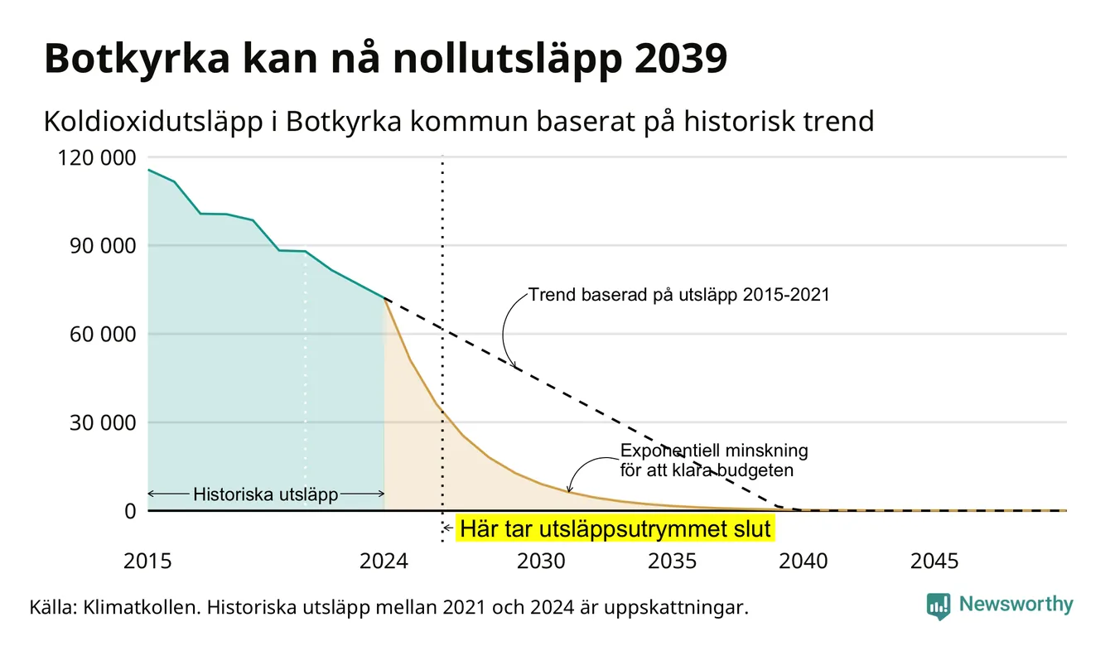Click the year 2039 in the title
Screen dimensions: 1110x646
click(x=680, y=59)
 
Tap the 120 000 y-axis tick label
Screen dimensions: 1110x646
click(x=97, y=158)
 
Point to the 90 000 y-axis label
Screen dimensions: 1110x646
click(x=103, y=246)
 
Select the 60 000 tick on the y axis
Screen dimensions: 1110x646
click(x=103, y=335)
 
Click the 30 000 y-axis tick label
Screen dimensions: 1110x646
click(x=103, y=423)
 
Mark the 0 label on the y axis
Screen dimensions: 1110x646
click(x=130, y=511)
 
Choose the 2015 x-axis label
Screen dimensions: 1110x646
click(x=147, y=562)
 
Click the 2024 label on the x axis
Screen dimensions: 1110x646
click(x=384, y=562)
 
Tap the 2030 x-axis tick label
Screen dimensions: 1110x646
click(x=541, y=562)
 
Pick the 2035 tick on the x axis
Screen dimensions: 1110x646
click(x=673, y=562)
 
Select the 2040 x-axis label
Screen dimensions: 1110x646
click(x=804, y=562)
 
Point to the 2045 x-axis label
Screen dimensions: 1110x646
click(x=934, y=562)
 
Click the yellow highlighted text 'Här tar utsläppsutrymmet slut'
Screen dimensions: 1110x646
click(x=615, y=528)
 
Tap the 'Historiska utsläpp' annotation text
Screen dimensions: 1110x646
click(x=266, y=494)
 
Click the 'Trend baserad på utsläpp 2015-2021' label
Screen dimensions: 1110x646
click(x=679, y=295)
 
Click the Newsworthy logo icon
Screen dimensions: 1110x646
click(x=939, y=606)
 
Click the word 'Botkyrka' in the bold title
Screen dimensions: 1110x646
click(x=138, y=59)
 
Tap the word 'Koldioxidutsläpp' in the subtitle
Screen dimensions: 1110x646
click(x=153, y=122)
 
